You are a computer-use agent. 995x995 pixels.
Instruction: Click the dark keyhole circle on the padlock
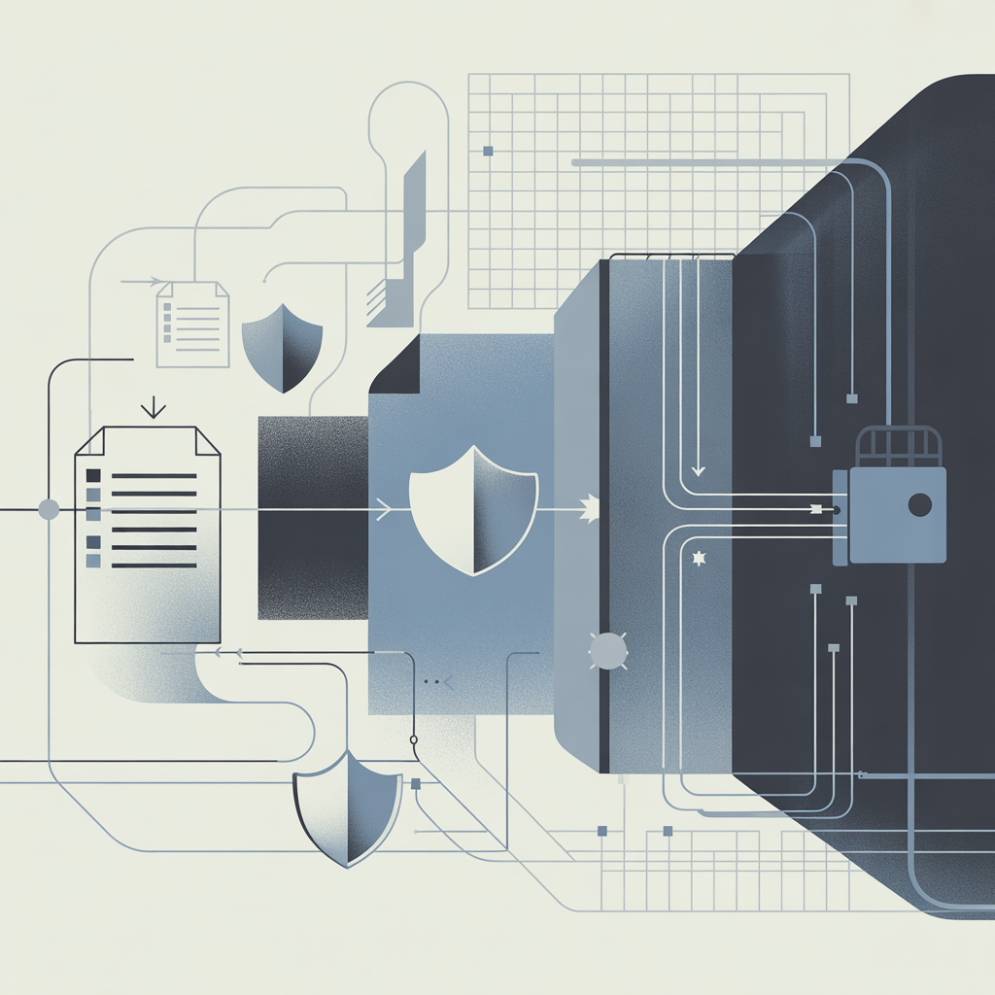(918, 503)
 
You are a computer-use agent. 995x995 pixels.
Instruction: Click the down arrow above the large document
(153, 406)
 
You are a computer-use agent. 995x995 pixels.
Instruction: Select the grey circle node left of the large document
(48, 508)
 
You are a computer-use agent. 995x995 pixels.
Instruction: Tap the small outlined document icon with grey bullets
(192, 325)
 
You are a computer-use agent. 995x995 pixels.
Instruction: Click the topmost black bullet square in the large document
(94, 475)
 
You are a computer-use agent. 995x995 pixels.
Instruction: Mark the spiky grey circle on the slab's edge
(607, 650)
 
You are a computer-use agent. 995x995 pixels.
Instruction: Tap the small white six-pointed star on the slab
(696, 559)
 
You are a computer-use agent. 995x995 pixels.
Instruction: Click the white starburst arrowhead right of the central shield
(590, 508)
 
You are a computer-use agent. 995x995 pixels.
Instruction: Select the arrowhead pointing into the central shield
(385, 508)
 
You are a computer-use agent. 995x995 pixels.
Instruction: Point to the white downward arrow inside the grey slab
(697, 470)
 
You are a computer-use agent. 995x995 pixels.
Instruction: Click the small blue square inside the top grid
(488, 151)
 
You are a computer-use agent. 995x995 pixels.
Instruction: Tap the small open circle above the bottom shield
(414, 740)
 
